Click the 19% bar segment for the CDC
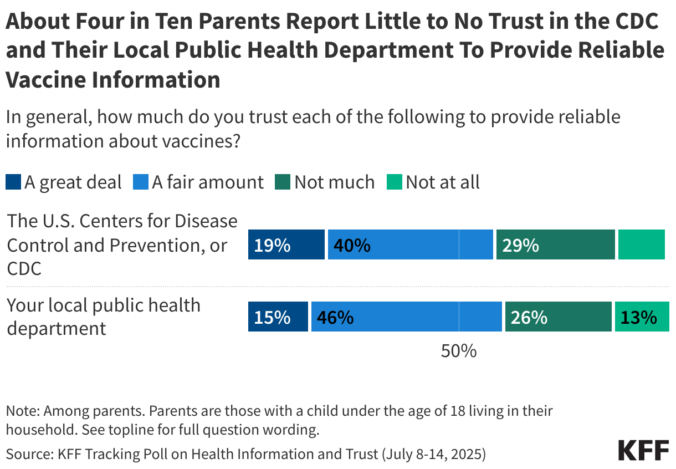[286, 244]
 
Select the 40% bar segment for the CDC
[410, 244]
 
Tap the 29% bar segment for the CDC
[555, 244]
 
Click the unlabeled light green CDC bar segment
[641, 244]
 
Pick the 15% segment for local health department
[278, 317]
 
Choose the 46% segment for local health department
[406, 317]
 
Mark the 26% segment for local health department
[558, 317]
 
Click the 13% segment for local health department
[642, 317]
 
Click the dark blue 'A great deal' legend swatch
[13, 182]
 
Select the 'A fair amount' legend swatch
[141, 182]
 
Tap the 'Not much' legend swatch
[283, 182]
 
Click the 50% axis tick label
[459, 351]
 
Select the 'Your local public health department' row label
[103, 317]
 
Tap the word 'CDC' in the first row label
[24, 269]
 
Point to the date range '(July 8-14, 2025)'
[433, 455]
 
